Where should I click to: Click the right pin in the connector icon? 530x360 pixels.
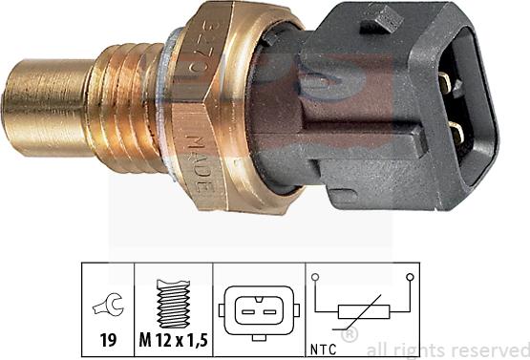pos(266,310)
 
